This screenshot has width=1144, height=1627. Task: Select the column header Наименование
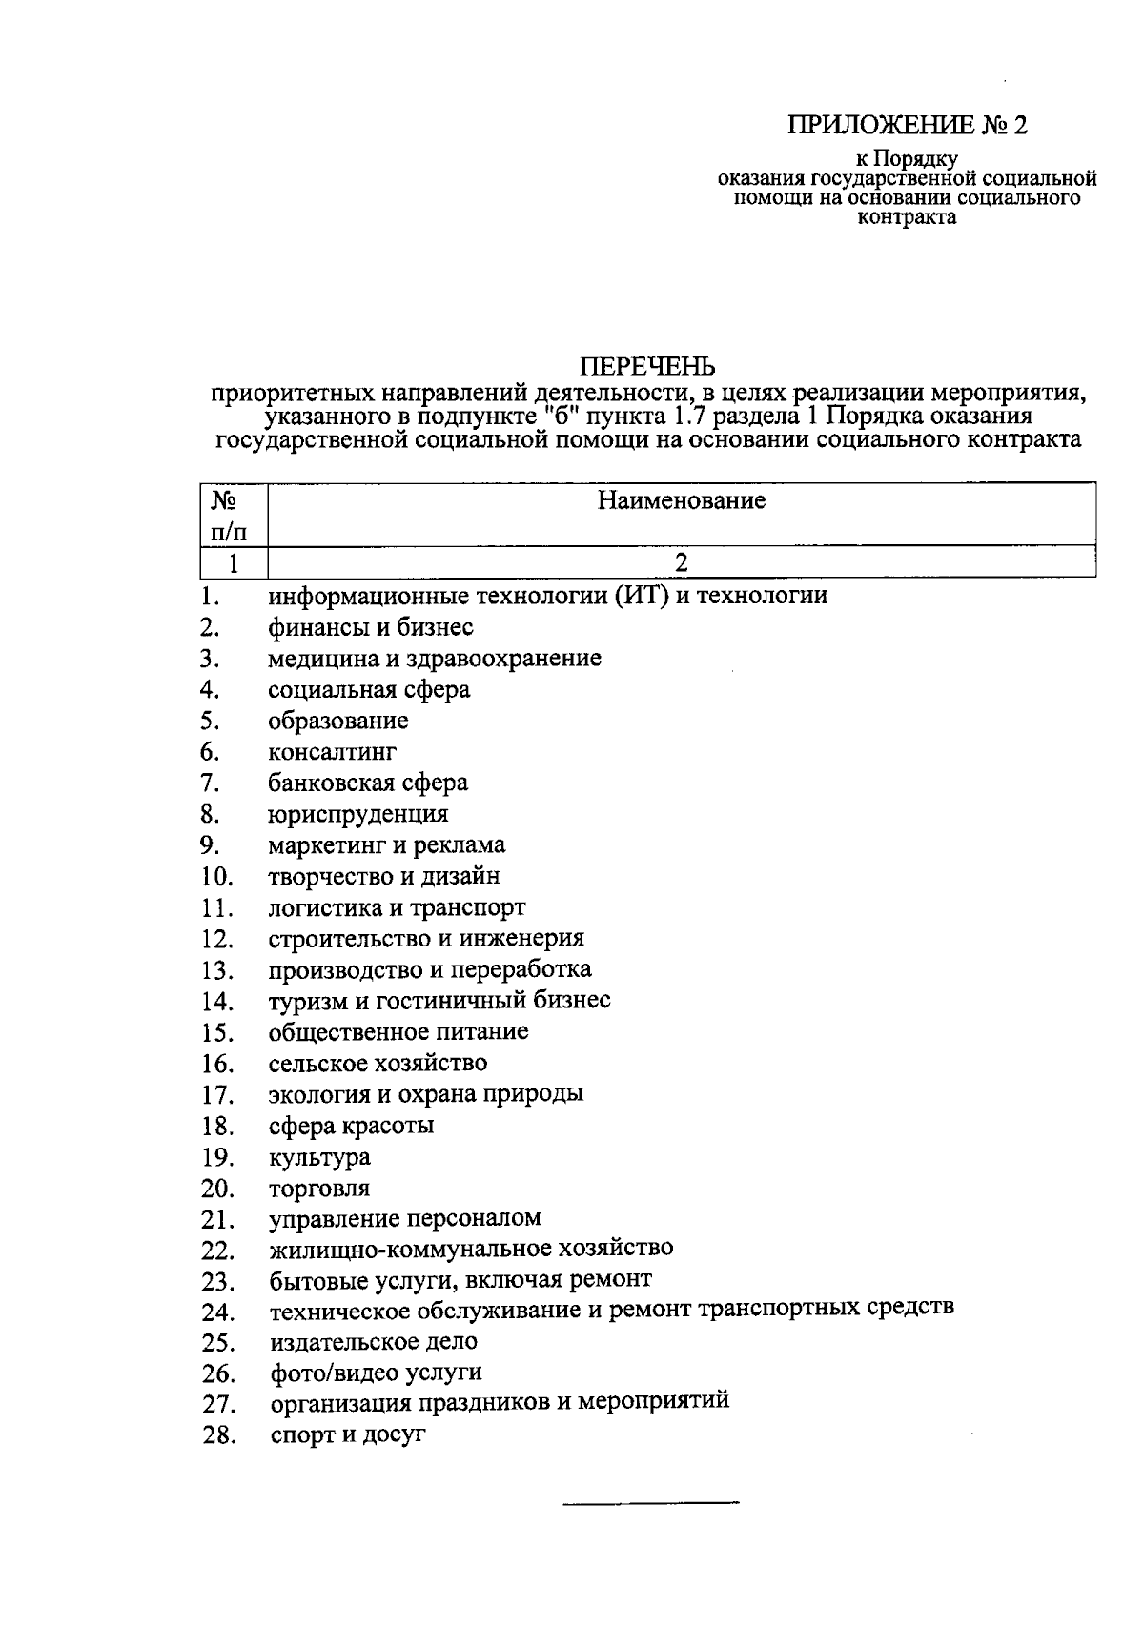coord(682,501)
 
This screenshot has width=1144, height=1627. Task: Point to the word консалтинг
coord(332,752)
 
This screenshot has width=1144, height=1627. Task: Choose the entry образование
coord(337,721)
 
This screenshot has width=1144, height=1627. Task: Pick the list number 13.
coord(217,971)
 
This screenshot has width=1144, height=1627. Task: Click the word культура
coord(319,1158)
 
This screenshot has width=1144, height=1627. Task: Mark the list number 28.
coord(218,1435)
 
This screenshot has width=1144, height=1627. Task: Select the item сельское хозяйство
coord(378,1064)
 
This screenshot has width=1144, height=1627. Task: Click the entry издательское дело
coord(374,1342)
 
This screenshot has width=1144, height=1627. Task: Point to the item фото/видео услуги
coord(376,1373)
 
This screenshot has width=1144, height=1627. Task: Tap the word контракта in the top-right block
coord(907,218)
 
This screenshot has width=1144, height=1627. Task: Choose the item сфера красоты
coord(351,1127)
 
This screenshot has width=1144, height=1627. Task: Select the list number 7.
coord(211,783)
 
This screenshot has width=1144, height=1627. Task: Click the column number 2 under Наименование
coord(682,562)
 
